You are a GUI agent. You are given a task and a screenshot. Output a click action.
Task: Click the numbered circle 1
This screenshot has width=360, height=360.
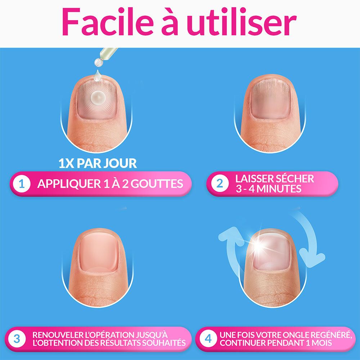point(22,184)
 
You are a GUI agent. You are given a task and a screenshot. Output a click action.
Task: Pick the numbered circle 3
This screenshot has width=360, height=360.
point(17,339)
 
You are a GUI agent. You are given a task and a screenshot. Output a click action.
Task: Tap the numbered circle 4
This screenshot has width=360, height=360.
point(208,339)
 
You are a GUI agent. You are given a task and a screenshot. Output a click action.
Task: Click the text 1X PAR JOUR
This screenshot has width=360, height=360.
point(98,163)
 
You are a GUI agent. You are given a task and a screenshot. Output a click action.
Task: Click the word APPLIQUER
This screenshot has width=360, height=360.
point(65,184)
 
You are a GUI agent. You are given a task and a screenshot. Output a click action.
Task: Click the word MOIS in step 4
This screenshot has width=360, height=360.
point(321,343)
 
